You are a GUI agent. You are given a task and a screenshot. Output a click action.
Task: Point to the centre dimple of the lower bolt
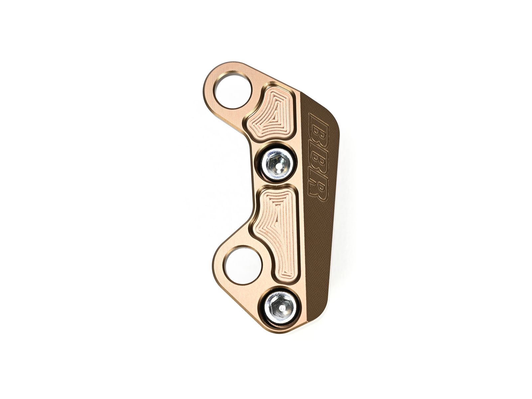[282, 307]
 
